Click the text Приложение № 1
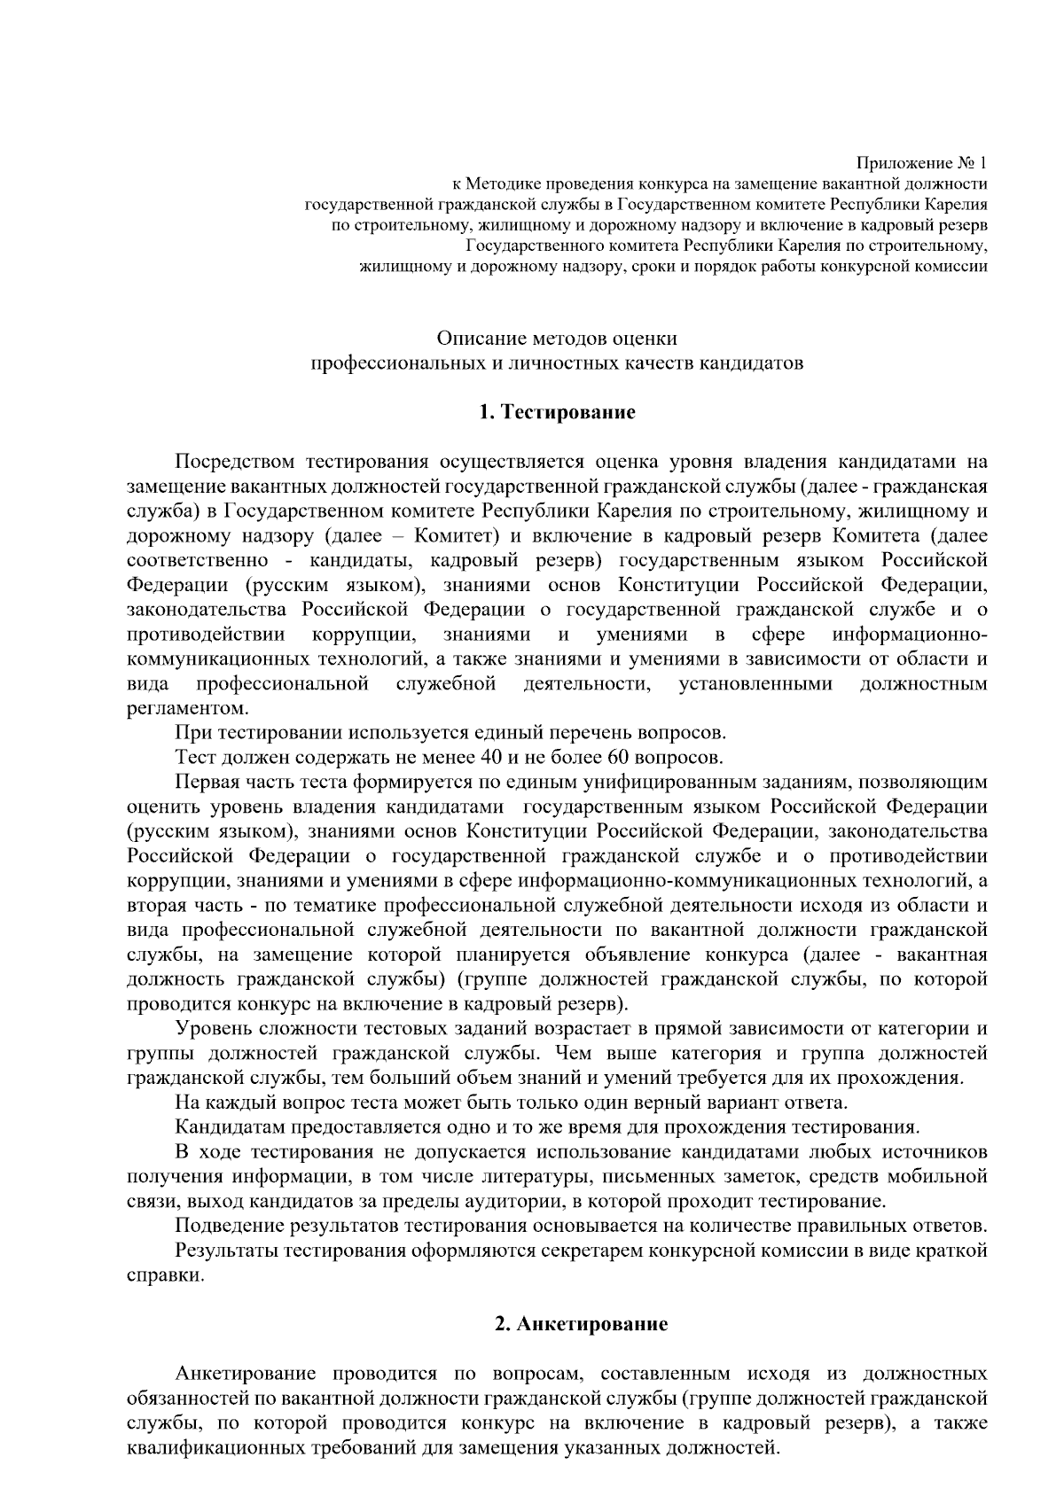pos(920,164)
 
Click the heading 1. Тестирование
pos(557,412)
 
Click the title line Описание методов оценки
pos(557,339)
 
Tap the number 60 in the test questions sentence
pos(618,758)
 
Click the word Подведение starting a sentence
pos(229,1226)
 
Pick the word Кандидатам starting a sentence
pos(230,1127)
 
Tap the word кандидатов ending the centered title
pos(752,363)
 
